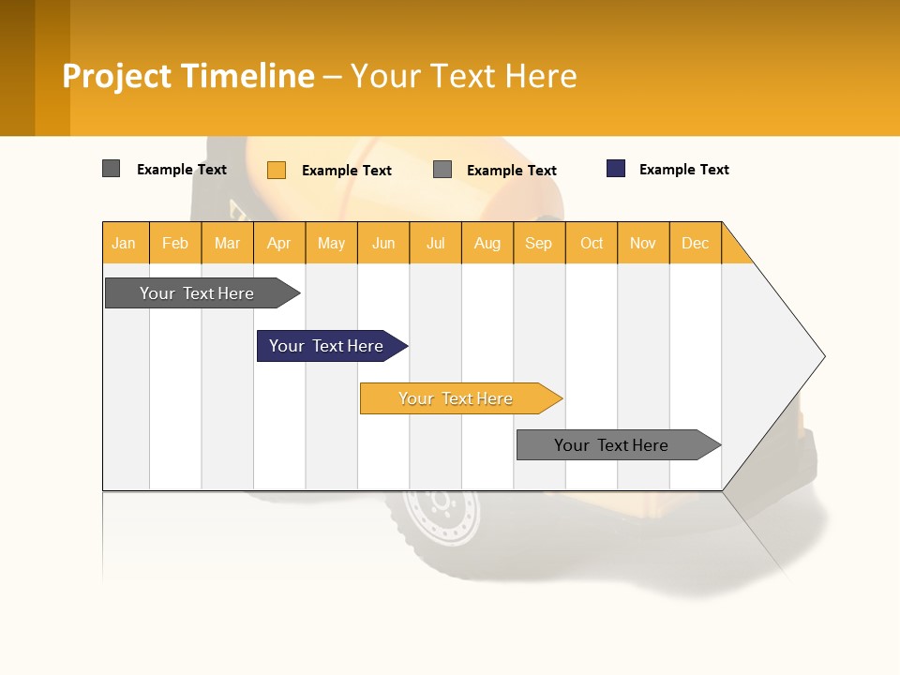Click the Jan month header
(124, 244)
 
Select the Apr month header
(279, 244)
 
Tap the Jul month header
(435, 244)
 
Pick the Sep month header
(538, 244)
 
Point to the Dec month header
(695, 244)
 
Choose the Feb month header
(175, 244)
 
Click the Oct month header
(592, 244)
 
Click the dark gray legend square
(111, 169)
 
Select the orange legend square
(277, 170)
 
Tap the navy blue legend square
(616, 169)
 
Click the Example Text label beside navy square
(683, 170)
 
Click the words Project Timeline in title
(188, 76)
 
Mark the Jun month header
(383, 244)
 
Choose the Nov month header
(643, 244)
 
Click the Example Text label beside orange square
(346, 171)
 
